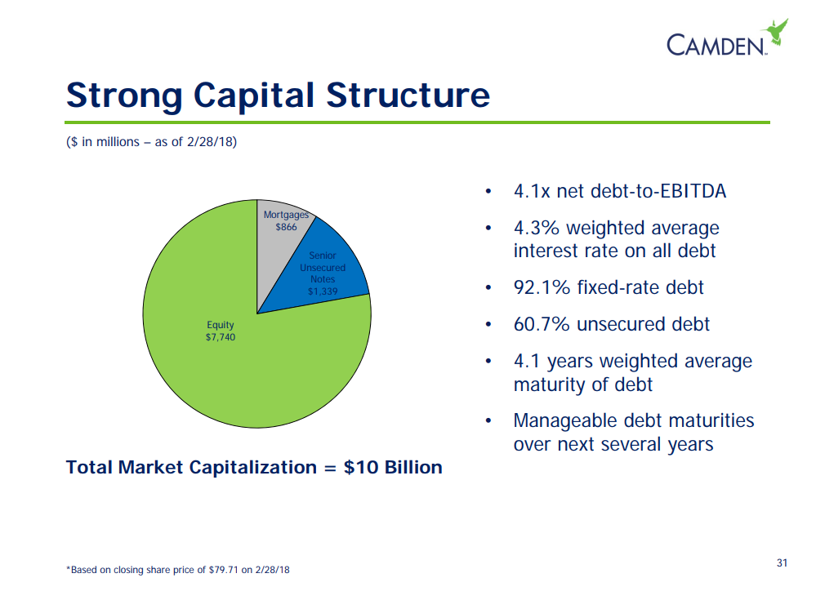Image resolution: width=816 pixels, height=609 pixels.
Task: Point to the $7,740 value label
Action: point(221,337)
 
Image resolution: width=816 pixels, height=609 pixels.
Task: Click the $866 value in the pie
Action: point(286,227)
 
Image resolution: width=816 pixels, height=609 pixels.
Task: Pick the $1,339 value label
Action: point(323,291)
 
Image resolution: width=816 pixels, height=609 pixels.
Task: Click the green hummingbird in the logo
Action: point(775,32)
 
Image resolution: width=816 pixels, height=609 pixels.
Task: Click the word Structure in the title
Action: point(408,96)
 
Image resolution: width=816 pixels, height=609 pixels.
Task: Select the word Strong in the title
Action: point(124,96)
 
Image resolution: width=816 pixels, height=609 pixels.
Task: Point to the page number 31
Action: point(782,562)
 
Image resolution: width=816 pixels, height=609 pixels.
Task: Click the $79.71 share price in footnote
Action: point(223,570)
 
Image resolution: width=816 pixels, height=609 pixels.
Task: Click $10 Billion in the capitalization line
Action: point(393,467)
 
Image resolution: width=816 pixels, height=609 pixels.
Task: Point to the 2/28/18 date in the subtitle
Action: point(210,141)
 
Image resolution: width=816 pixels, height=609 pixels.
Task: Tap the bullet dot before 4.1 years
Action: point(488,361)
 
